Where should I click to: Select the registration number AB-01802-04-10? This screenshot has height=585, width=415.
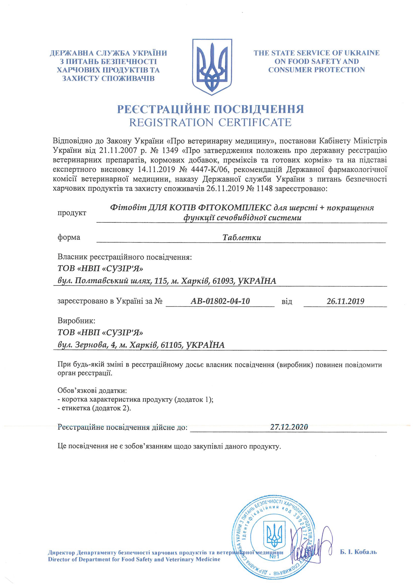tap(220, 301)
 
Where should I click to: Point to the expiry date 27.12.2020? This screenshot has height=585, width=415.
tap(289, 427)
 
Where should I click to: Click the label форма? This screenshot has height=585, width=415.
tap(69, 237)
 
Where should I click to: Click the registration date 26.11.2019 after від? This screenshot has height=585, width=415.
tap(345, 301)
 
